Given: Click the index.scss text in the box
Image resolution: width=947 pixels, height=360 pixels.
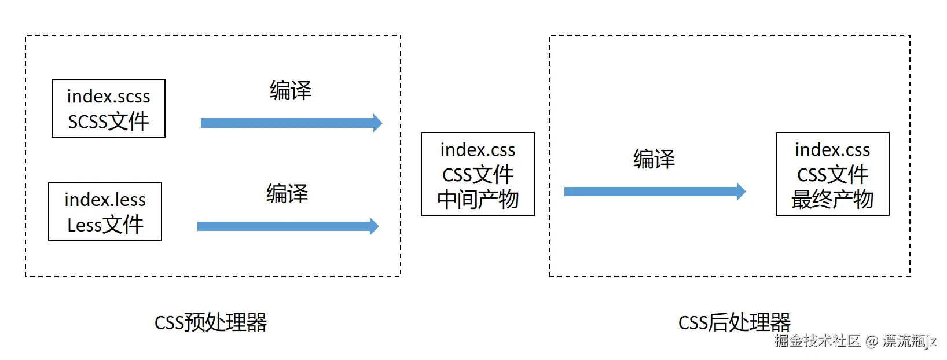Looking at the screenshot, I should point(108,96).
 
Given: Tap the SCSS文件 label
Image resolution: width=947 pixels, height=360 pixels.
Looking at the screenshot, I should point(108,122).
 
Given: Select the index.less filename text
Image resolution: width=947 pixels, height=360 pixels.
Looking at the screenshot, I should point(105,200).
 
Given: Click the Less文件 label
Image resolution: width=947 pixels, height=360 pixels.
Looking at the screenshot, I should point(105,225).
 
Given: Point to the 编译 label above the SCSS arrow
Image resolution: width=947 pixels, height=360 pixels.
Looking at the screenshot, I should point(291,90).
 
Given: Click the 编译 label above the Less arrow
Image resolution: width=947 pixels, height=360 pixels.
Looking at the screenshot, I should point(287,193).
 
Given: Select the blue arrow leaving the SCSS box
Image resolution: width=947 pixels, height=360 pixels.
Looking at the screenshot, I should point(289,123).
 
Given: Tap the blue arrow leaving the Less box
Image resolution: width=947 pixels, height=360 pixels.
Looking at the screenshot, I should point(287,226).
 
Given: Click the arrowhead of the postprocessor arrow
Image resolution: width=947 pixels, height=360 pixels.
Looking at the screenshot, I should point(741,192).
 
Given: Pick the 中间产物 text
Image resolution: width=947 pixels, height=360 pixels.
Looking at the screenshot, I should point(478,200).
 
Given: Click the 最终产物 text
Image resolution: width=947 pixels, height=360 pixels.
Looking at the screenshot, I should point(832,200).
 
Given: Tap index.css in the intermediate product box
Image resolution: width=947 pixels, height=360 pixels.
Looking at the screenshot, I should point(478,150).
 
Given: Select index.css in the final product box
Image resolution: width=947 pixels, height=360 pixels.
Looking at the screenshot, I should point(832,150).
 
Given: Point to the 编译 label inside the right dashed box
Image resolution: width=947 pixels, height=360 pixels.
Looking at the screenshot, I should point(654,159).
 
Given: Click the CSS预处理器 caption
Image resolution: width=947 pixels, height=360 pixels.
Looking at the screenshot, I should point(211,322).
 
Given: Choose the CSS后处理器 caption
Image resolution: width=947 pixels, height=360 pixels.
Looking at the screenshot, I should point(734,322).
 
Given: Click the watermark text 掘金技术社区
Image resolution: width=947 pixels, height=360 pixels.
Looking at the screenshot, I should point(817,341).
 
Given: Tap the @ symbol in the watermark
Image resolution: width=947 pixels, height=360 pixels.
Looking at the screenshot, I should point(872,341).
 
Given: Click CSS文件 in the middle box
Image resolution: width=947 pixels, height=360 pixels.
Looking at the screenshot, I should point(478,175).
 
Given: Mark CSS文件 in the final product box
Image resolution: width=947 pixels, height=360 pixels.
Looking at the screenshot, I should point(832,175).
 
